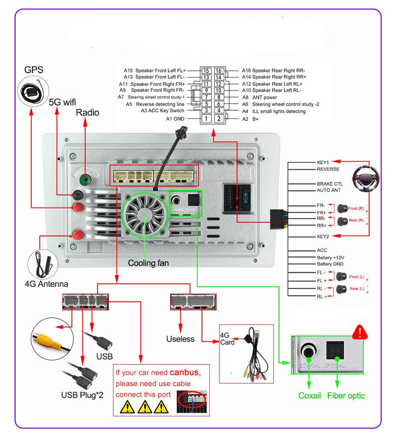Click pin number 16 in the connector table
(219, 71)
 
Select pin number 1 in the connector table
(207, 118)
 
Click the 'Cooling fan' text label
(148, 263)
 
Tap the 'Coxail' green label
(310, 395)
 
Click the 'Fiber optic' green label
(346, 395)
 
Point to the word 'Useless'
(180, 339)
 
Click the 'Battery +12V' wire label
(330, 258)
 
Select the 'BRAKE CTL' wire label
(330, 184)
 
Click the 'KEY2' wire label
(323, 236)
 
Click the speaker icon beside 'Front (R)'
(342, 209)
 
